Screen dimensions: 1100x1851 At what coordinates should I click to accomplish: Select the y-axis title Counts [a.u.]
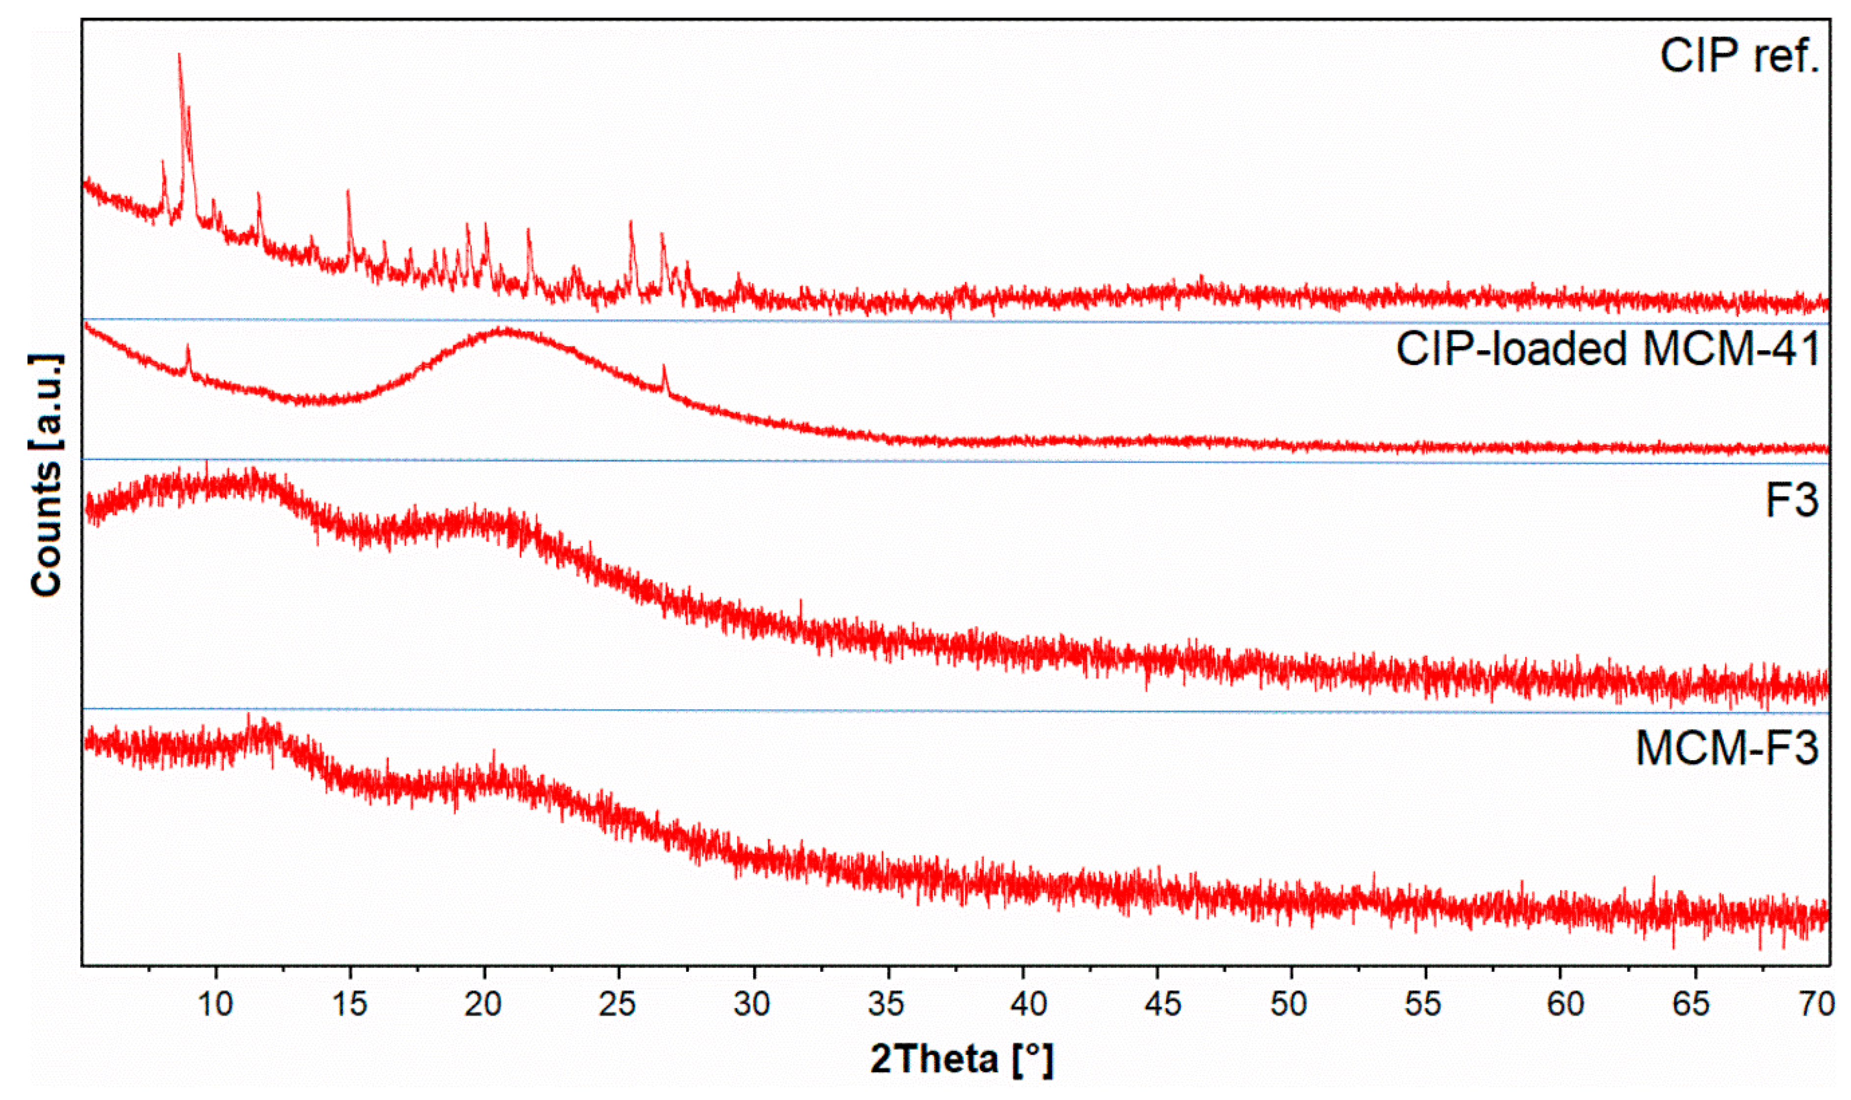click(x=46, y=474)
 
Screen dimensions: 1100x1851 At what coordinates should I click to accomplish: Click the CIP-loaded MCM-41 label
click(x=1608, y=348)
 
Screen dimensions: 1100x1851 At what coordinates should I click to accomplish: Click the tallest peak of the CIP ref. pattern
click(x=179, y=55)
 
